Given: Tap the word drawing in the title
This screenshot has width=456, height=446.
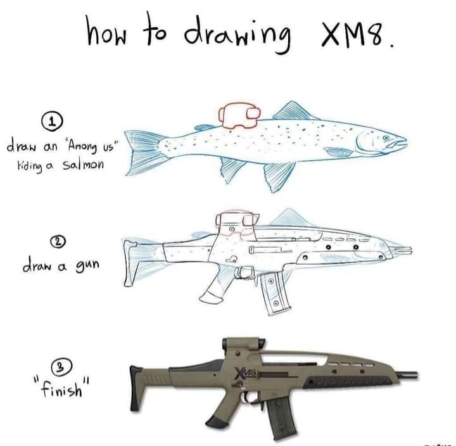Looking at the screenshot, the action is click(237, 34).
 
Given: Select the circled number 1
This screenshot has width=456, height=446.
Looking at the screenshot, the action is click(53, 122).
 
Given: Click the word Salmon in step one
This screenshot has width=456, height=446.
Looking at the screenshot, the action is click(82, 165).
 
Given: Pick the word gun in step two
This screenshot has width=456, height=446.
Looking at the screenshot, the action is click(87, 265).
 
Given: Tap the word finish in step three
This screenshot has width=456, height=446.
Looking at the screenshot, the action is click(61, 388).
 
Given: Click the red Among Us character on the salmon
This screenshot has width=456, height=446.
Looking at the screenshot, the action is click(239, 115).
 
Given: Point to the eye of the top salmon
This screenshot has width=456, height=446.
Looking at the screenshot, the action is click(386, 137).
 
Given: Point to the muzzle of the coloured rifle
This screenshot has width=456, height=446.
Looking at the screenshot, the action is click(407, 375).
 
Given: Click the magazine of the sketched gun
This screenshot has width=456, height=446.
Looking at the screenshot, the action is click(274, 293).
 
